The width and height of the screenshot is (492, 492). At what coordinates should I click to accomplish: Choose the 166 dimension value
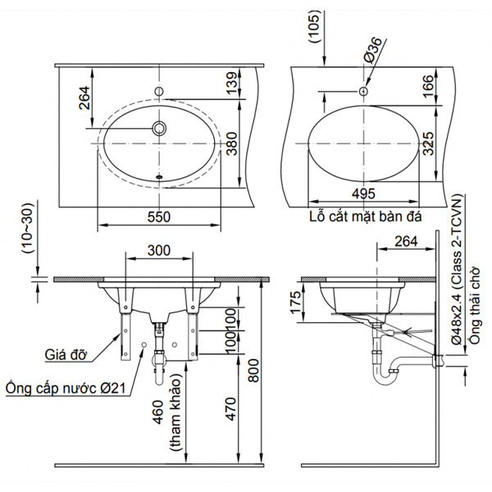(426, 84)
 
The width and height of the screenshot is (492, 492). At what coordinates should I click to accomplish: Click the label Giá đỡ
(66, 355)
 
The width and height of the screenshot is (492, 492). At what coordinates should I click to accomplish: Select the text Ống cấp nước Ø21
(65, 386)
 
